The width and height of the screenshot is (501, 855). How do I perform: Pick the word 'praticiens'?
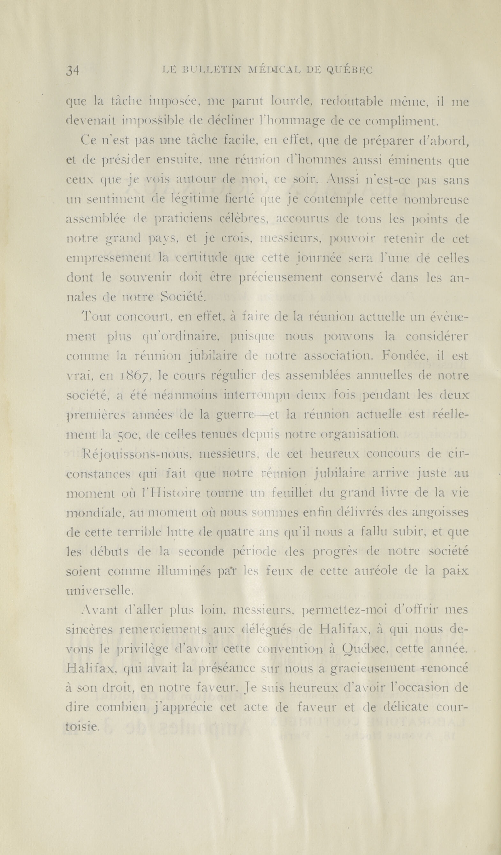[183, 220]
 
